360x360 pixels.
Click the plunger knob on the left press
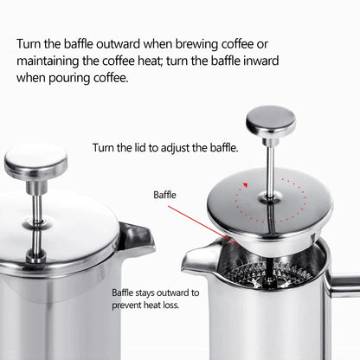click(35, 159)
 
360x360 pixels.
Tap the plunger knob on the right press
click(271, 120)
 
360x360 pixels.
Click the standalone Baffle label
click(164, 196)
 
